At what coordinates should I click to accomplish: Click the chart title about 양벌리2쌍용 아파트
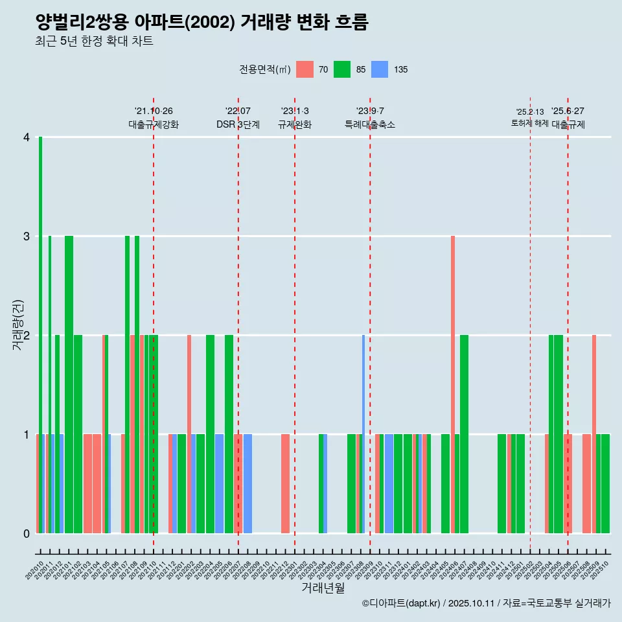[x=202, y=23]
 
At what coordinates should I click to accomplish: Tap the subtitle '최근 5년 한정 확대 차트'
[x=94, y=41]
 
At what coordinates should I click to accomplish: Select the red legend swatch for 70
[x=305, y=69]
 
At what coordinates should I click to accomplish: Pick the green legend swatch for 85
[x=342, y=69]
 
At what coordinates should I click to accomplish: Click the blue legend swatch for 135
[x=380, y=69]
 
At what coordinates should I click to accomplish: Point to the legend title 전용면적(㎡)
[x=265, y=69]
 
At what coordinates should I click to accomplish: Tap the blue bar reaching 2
[x=363, y=434]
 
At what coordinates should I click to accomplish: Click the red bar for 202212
[x=285, y=483]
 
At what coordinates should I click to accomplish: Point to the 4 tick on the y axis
[x=27, y=137]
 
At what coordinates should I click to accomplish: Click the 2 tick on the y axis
[x=27, y=336]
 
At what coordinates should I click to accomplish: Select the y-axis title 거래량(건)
[x=17, y=325]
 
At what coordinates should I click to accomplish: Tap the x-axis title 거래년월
[x=323, y=588]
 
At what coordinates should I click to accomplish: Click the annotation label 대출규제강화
[x=154, y=124]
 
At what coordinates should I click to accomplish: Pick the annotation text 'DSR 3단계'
[x=238, y=124]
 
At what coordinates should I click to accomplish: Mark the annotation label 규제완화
[x=295, y=124]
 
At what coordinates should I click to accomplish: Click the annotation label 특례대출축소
[x=370, y=124]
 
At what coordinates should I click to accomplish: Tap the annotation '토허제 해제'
[x=529, y=123]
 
